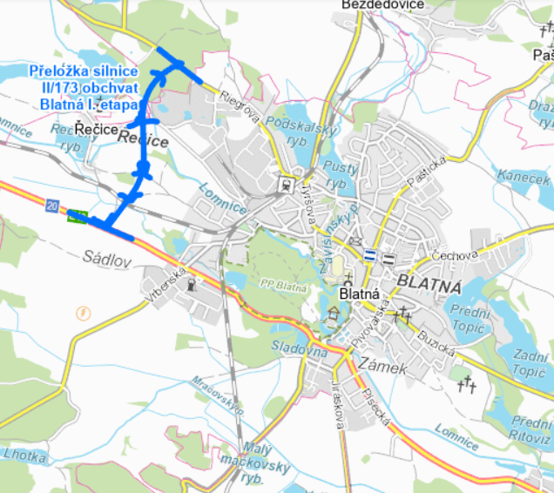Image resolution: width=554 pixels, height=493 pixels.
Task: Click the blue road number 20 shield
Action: click(x=53, y=206)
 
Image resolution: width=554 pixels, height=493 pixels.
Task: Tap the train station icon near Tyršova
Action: click(x=285, y=184)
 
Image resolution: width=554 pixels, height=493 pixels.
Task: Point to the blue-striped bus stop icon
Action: click(x=370, y=256)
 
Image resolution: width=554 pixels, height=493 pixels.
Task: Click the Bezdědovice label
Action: click(x=383, y=5)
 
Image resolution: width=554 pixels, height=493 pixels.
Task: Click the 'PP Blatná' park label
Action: click(x=280, y=284)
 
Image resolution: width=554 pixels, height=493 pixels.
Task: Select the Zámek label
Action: click(x=382, y=369)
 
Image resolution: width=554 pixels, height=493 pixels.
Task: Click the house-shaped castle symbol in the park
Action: click(x=333, y=316)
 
